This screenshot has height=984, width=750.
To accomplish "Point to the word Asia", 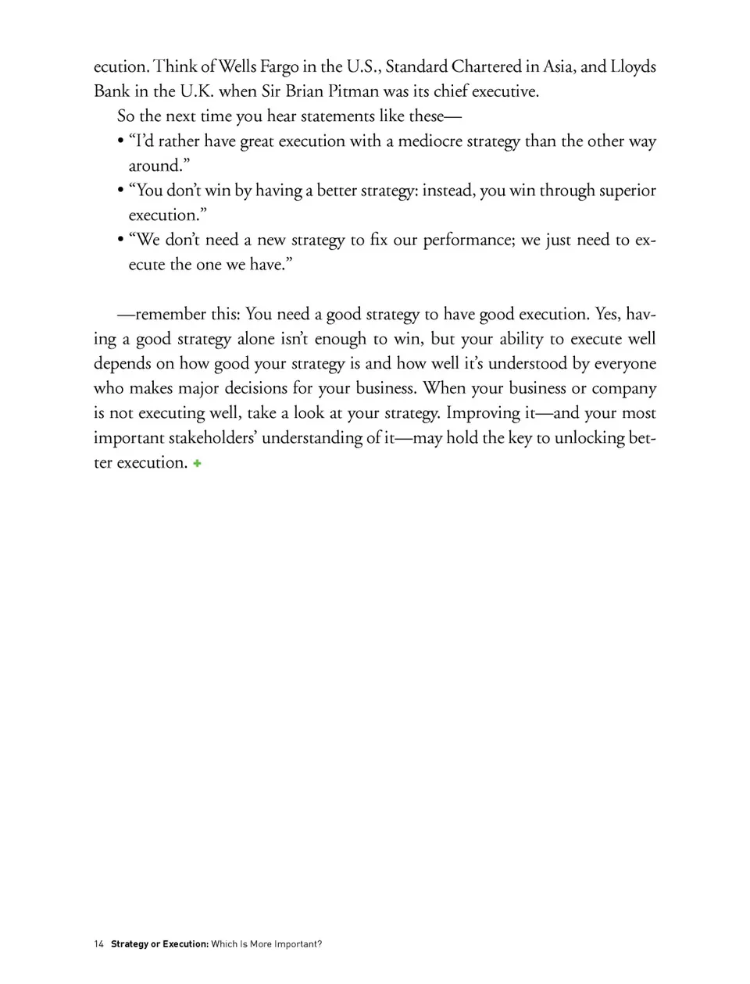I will coord(559,67).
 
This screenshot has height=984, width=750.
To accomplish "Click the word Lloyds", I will coord(633,67).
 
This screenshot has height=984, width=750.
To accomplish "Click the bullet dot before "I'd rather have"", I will coord(120,142).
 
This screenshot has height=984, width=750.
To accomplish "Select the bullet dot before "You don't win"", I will coord(120,191).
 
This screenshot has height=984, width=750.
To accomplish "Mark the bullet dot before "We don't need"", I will coord(120,241).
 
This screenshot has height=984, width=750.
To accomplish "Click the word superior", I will coord(627,191).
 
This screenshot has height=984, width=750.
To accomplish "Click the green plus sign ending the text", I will coord(198,463).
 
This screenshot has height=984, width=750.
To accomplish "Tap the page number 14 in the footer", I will coord(98,944).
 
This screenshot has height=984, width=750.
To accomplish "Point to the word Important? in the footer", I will coord(298,944).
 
